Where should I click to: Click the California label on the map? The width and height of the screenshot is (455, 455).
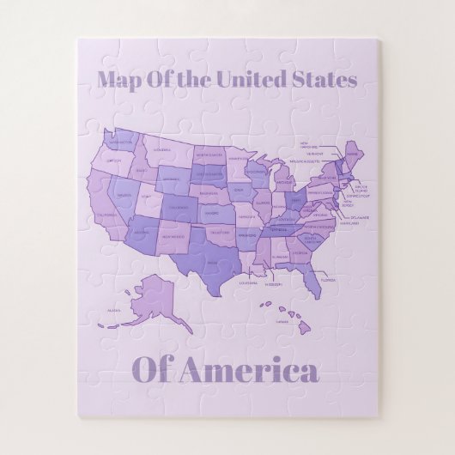(106, 215)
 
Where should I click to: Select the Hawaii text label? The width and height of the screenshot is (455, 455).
(281, 322)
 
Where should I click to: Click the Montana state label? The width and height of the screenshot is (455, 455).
(163, 150)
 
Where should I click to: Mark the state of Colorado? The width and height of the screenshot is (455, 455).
(178, 207)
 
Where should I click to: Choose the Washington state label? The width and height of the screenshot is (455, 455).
(120, 142)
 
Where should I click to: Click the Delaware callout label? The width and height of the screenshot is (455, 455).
(359, 218)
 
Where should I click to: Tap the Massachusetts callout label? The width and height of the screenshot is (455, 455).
(304, 161)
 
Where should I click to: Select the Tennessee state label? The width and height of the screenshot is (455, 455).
(279, 230)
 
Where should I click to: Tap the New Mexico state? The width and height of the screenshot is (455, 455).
(172, 237)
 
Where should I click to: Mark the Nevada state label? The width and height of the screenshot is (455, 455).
(124, 196)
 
